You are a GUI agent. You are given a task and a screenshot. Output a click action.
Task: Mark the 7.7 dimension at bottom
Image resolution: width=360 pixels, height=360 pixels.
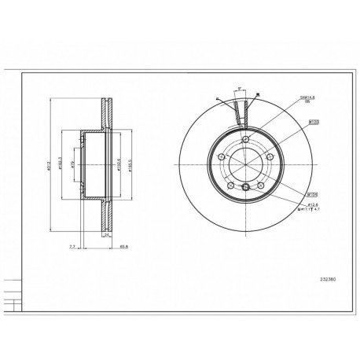(x=72, y=246)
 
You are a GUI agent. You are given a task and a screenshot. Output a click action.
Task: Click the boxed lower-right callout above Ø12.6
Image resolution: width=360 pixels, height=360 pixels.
(x=312, y=193)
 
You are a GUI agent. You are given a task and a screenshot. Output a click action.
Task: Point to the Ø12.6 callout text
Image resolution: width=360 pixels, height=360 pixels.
(x=314, y=204)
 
